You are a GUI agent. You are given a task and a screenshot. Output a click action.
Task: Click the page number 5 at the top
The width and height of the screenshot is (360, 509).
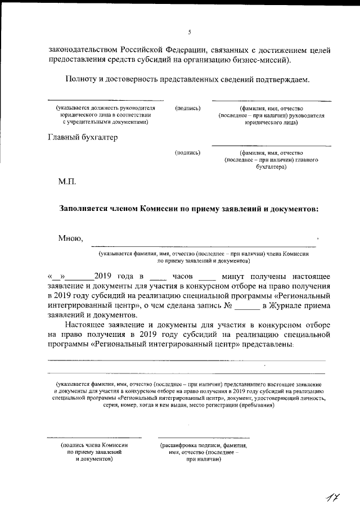(190, 31)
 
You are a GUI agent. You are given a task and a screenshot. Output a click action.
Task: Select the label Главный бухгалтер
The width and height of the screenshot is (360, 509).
(83, 137)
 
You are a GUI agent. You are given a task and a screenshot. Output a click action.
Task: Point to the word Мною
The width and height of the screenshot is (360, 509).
(70, 238)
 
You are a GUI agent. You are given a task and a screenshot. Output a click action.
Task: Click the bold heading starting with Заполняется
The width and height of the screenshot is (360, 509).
(189, 208)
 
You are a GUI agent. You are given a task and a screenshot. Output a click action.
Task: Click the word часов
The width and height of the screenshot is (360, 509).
(183, 276)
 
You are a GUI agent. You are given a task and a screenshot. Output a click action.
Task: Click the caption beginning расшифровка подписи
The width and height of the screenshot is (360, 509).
(203, 445)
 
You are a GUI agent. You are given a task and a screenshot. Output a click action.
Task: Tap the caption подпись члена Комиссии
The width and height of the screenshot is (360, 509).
(94, 445)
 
